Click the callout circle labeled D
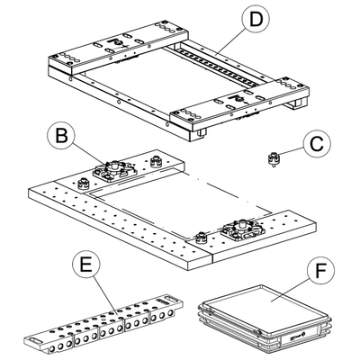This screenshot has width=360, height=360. [256, 19]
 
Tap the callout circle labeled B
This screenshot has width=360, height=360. [62, 136]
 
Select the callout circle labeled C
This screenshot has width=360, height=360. [317, 144]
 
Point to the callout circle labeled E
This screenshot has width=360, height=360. [86, 265]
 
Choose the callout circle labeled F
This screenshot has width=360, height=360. [321, 270]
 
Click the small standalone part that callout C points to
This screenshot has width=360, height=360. [273, 159]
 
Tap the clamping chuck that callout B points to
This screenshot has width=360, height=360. [114, 171]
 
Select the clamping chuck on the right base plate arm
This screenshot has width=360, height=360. [243, 230]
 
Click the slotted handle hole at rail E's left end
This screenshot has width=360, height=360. [34, 340]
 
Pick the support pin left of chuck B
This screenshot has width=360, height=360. [84, 184]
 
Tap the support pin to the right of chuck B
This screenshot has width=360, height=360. [156, 162]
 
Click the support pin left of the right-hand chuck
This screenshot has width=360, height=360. [201, 238]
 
